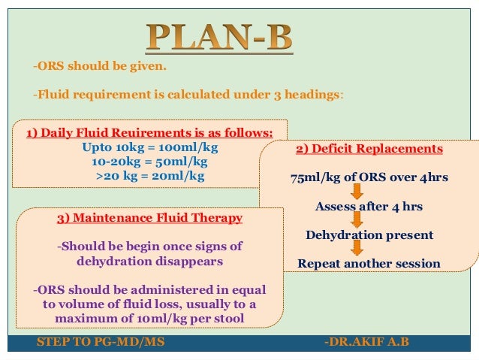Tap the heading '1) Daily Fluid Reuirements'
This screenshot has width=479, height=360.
pyautogui.click(x=149, y=134)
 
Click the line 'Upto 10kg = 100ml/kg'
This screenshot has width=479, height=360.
pyautogui.click(x=149, y=148)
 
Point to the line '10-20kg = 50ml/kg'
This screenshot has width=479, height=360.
pyautogui.click(x=149, y=162)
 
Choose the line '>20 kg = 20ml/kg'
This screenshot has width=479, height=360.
pyautogui.click(x=149, y=176)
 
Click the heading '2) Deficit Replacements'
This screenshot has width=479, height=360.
pyautogui.click(x=369, y=149)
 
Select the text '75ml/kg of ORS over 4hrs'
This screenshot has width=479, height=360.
pyautogui.click(x=369, y=178)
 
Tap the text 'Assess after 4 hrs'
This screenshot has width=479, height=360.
pyautogui.click(x=369, y=206)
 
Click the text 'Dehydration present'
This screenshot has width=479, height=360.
pyautogui.click(x=369, y=234)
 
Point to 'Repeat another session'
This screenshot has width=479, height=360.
pyautogui.click(x=369, y=264)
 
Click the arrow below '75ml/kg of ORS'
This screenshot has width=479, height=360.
pyautogui.click(x=357, y=192)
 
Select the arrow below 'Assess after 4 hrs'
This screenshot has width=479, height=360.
pyautogui.click(x=357, y=220)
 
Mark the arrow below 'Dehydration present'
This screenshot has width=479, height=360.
pyautogui.click(x=357, y=249)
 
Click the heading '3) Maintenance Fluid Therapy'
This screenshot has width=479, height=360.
pyautogui.click(x=149, y=218)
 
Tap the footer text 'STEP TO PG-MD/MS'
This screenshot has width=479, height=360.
pyautogui.click(x=101, y=343)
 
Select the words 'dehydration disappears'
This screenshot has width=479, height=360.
pyautogui.click(x=149, y=261)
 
